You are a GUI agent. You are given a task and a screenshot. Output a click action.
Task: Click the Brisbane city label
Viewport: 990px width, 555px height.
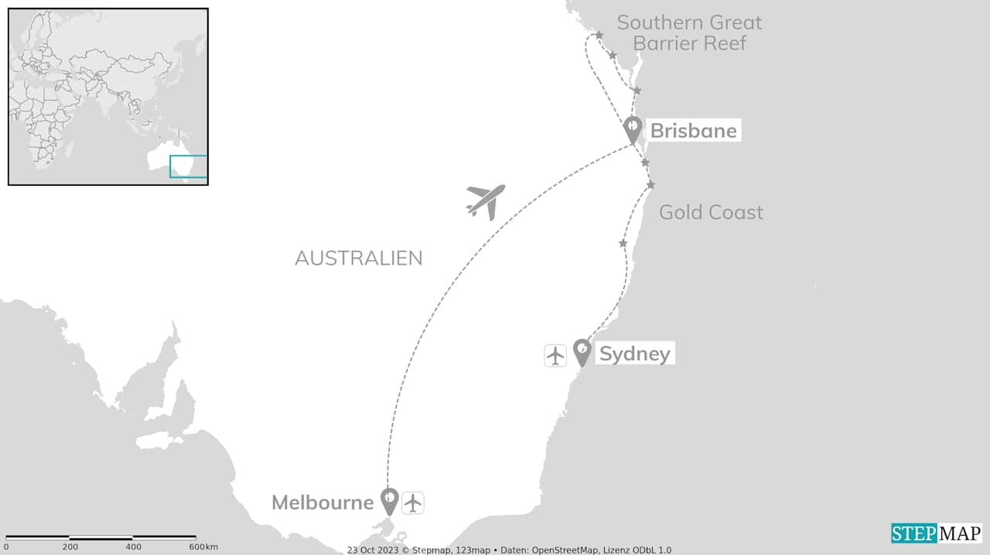point(693,130)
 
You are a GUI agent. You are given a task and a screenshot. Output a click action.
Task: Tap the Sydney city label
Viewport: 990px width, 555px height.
point(634,354)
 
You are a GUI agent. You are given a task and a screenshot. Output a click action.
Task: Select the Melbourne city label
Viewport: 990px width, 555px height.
point(323,502)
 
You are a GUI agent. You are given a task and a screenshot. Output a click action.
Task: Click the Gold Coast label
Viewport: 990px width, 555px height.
point(711,212)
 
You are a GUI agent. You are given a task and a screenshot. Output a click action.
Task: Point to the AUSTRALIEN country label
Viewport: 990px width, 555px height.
point(358,258)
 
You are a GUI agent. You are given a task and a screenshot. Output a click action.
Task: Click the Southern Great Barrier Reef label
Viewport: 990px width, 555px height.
point(689,33)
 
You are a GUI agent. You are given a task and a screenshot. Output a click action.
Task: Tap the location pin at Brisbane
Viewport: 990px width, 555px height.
point(633,128)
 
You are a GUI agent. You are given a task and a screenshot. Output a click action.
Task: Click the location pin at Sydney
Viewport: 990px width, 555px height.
point(582,351)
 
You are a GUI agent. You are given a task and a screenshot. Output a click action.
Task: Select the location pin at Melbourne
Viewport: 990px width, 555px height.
point(390,500)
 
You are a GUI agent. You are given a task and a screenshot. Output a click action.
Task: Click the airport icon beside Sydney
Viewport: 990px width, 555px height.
point(555,355)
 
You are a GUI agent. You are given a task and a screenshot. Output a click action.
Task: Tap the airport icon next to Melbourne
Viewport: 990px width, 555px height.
point(414,502)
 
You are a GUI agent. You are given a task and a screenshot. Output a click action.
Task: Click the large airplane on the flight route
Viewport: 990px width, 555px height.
point(486,201)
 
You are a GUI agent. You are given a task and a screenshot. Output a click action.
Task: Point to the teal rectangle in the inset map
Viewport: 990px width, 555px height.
point(188,167)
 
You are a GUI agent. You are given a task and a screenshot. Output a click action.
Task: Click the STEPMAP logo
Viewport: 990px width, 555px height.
point(936,533)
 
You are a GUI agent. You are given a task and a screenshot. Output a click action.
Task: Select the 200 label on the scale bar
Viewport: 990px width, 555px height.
point(70,547)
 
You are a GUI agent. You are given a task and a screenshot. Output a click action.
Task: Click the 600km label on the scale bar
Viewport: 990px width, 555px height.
point(203,547)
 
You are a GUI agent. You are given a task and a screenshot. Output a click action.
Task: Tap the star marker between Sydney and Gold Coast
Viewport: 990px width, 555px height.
point(623,244)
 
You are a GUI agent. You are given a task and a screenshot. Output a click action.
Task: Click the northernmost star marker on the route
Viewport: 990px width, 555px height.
point(599,35)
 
